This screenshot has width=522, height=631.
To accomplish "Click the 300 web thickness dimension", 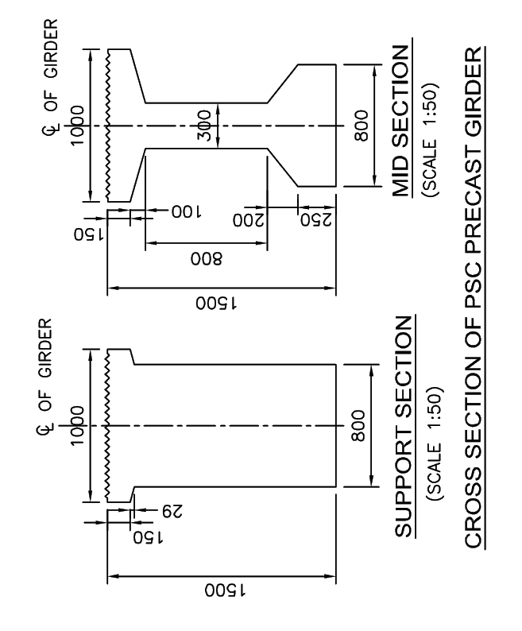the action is [x=205, y=126].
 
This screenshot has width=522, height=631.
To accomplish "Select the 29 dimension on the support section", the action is [x=172, y=511].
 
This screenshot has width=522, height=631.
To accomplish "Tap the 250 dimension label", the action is [x=316, y=219].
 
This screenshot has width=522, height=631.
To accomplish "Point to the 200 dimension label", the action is [x=249, y=220].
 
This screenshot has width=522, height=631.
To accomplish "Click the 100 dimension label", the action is [x=187, y=211].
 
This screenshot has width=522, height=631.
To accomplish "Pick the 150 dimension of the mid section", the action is [x=88, y=234].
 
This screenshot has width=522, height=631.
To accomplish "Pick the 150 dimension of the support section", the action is [x=148, y=537].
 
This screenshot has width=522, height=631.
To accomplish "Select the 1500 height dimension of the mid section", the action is [x=217, y=303].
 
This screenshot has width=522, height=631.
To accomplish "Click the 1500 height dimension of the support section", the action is [x=226, y=590].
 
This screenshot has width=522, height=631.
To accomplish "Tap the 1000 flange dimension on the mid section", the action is [x=77, y=126].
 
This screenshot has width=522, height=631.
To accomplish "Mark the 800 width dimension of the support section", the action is [x=358, y=425].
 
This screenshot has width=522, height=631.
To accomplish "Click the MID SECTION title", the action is [x=402, y=121].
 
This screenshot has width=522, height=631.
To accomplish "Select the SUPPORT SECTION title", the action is [x=404, y=427].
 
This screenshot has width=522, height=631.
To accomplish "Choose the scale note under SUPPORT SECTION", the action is [x=434, y=444].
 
